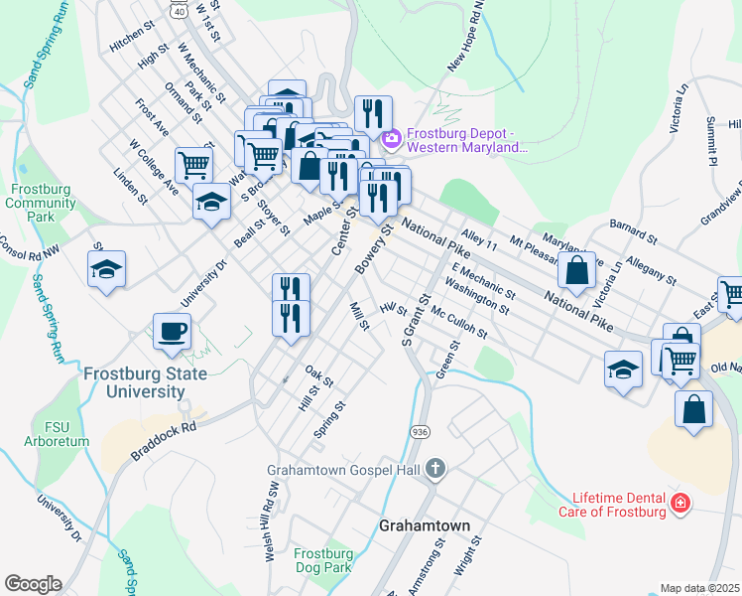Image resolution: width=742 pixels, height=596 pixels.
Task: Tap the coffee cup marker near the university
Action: click(173, 331)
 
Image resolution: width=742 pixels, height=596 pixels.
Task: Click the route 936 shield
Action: click(420, 433)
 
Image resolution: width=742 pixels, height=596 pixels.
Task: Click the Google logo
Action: click(33, 584)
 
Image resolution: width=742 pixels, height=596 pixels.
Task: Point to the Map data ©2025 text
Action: click(698, 588)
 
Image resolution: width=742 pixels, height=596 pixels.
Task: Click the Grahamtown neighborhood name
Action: click(425, 525)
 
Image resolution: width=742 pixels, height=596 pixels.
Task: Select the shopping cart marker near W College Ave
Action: click(193, 164)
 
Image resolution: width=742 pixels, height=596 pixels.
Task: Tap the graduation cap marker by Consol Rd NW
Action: click(106, 269)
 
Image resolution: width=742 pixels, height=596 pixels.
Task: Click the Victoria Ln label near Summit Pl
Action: click(680, 108)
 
